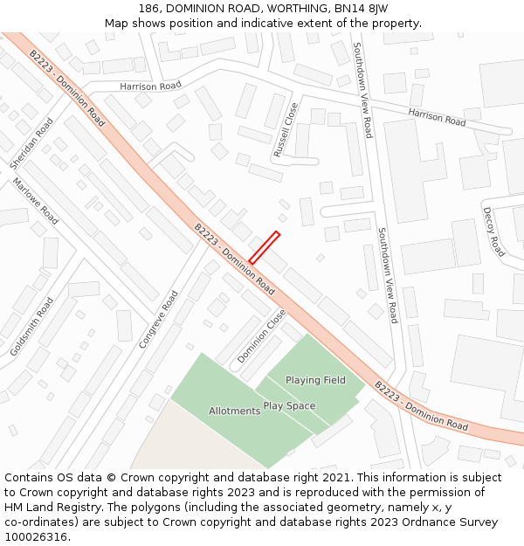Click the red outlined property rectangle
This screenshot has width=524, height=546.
click(264, 247)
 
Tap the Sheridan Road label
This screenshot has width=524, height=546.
click(31, 143)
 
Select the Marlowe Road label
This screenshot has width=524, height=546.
click(35, 202)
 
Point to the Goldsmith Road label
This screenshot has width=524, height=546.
click(32, 326)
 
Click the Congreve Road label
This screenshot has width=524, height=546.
click(158, 320)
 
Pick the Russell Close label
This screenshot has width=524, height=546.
click(286, 129)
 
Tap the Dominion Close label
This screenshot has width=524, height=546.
click(261, 336)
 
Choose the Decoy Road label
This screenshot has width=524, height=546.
click(493, 232)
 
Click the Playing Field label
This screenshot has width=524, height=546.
click(315, 380)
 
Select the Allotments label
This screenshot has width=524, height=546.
click(234, 411)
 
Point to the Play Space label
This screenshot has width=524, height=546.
click(289, 405)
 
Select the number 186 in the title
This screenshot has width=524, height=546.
click(150, 8)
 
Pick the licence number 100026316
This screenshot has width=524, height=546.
click(37, 537)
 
